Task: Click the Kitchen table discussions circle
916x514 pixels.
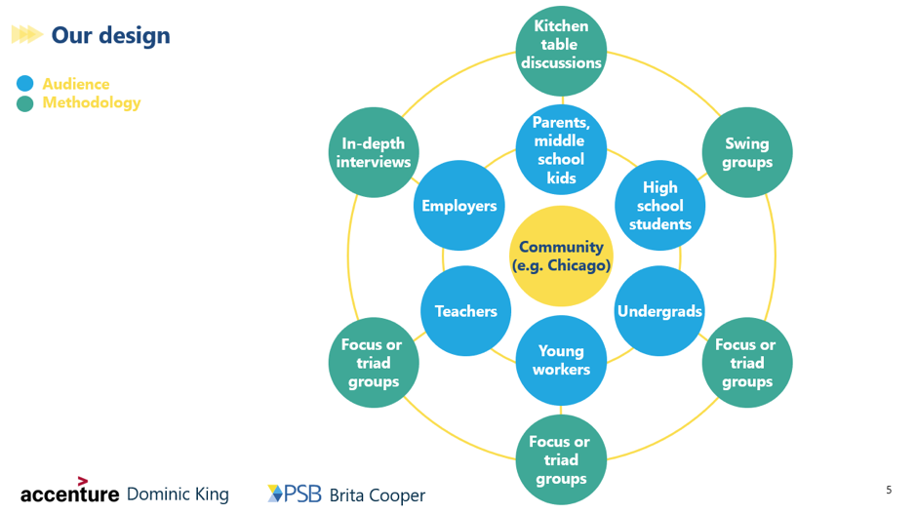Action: pos(561,45)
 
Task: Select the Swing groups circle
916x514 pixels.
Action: pos(747,152)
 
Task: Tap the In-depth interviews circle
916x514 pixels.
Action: pos(375,152)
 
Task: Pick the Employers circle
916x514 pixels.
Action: pos(458,206)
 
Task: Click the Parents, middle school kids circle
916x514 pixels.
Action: pos(561,150)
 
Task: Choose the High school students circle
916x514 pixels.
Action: pos(660,206)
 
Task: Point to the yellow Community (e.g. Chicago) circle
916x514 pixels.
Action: pos(561,257)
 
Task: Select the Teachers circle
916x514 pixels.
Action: pos(466,311)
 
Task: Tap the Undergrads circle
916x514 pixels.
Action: pos(660,311)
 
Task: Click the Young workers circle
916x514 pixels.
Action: pos(561,360)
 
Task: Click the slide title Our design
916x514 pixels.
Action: pos(110,36)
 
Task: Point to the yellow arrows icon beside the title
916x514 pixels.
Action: pos(26,36)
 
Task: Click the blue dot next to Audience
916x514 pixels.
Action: pos(25,85)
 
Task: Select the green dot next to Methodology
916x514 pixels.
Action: pos(25,102)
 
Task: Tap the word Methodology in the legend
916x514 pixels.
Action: pos(92,102)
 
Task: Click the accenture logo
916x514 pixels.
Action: pos(69,493)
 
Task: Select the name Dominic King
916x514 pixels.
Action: pos(179,494)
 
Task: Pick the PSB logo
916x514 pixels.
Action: pos(295,494)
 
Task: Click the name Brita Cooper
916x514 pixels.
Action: pos(378,495)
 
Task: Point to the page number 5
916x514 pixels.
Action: pos(888,490)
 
